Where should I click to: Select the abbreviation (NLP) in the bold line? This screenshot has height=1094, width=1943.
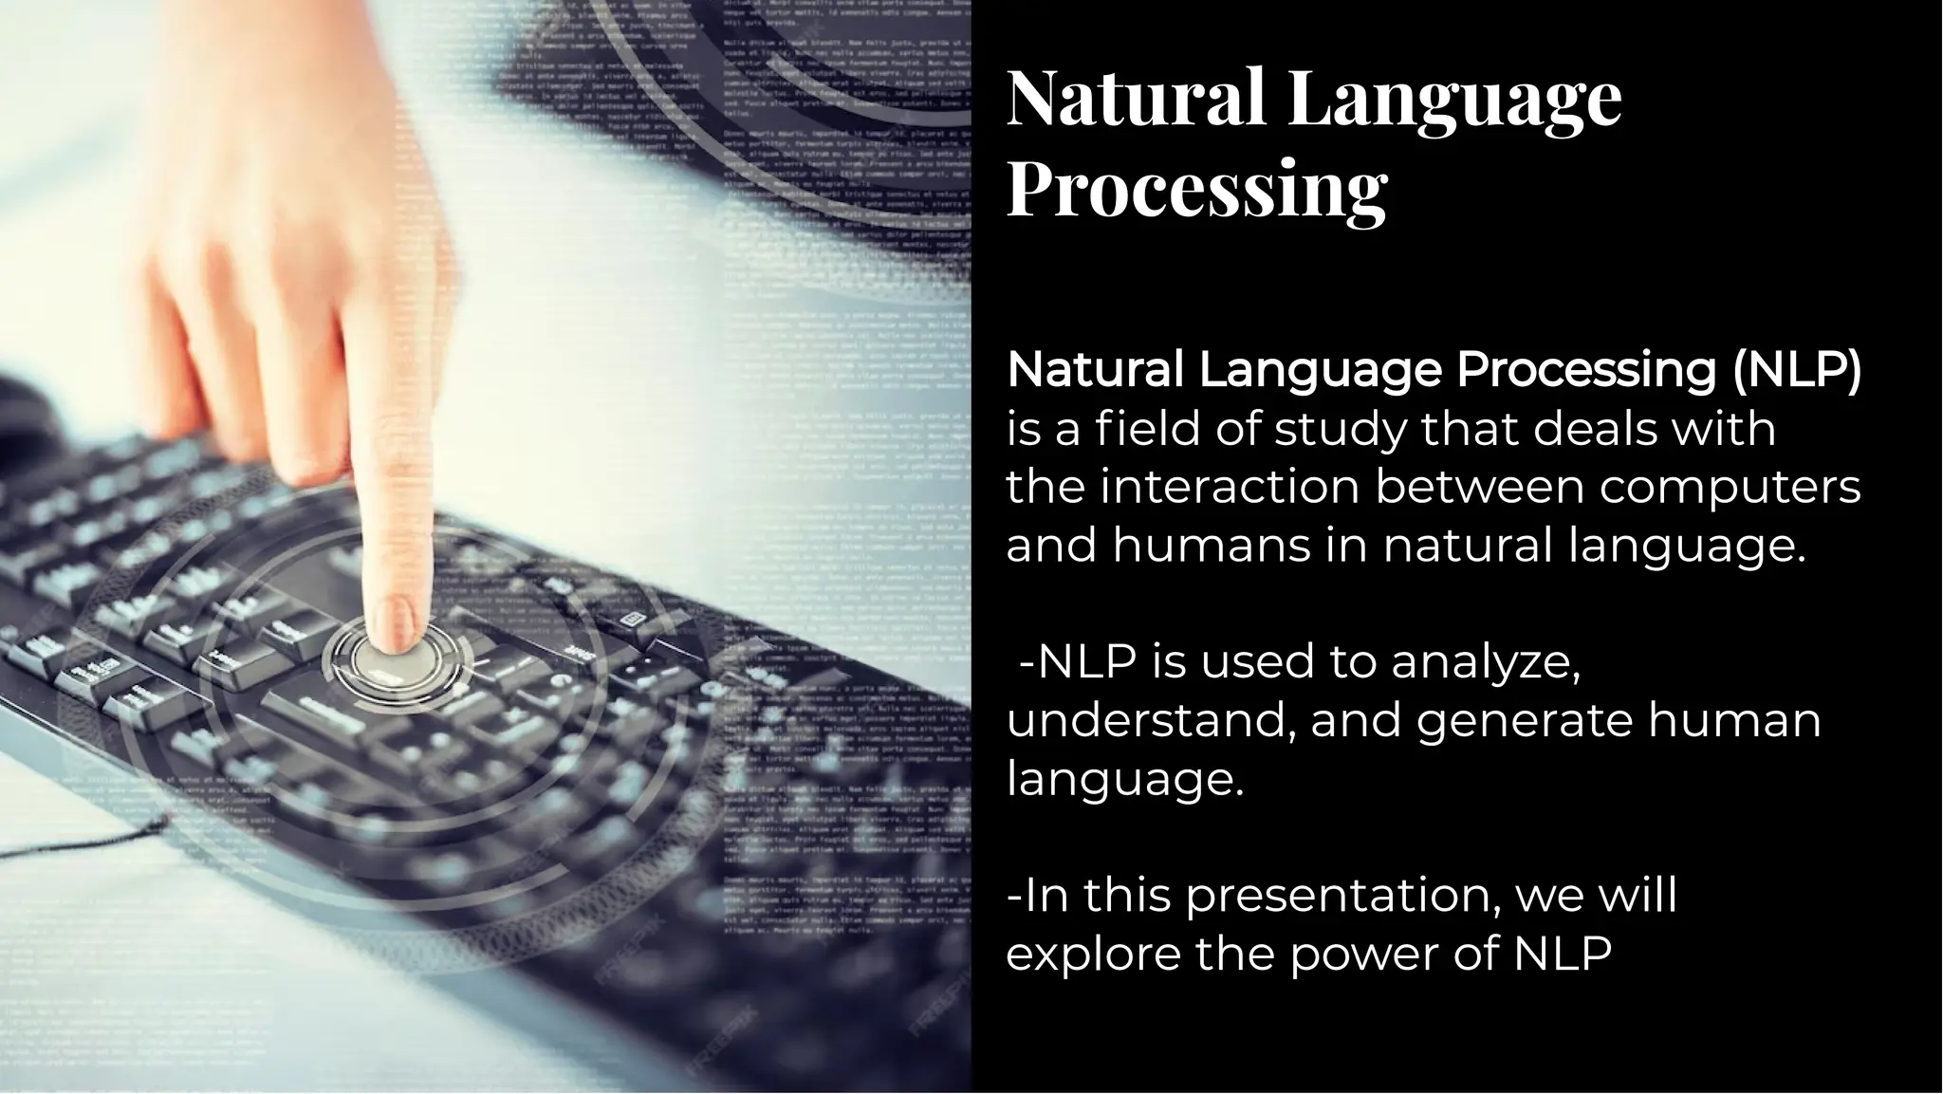pos(1797,369)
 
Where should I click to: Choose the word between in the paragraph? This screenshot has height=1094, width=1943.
pos(1479,487)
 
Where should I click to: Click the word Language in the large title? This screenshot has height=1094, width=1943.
pos(1455,98)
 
